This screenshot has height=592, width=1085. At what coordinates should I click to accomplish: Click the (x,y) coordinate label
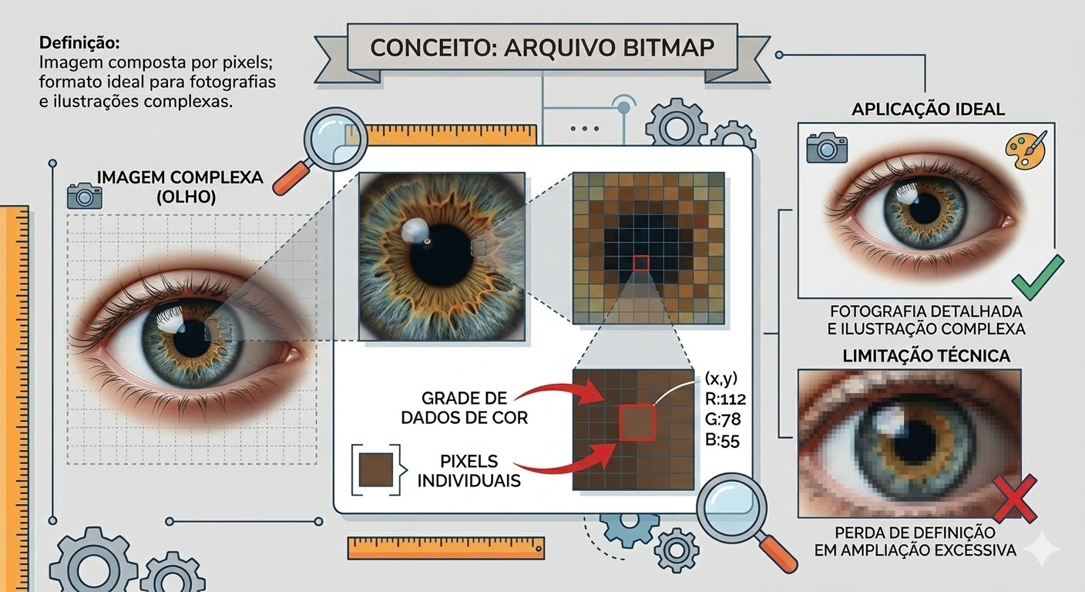[721, 378]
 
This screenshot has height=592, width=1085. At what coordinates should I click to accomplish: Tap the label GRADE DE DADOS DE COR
[465, 409]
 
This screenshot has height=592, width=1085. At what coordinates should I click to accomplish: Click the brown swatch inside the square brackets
[377, 468]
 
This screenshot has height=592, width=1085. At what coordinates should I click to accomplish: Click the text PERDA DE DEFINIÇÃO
[909, 533]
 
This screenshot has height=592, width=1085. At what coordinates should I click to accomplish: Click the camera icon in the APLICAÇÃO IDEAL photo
[826, 147]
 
